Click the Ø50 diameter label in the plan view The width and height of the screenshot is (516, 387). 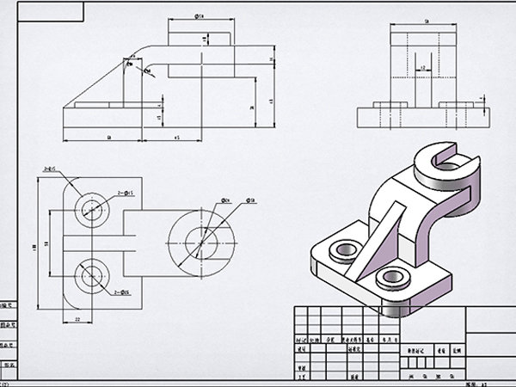point(252,200)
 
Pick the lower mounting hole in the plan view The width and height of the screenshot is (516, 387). point(90,275)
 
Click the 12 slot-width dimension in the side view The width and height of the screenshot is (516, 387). point(422,66)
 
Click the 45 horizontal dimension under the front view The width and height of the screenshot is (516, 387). point(177,137)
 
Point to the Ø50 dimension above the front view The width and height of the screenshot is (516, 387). point(200,16)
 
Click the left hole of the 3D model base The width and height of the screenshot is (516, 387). point(343,250)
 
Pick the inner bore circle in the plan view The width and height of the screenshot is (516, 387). point(202,241)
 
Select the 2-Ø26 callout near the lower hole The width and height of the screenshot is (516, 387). point(122,292)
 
